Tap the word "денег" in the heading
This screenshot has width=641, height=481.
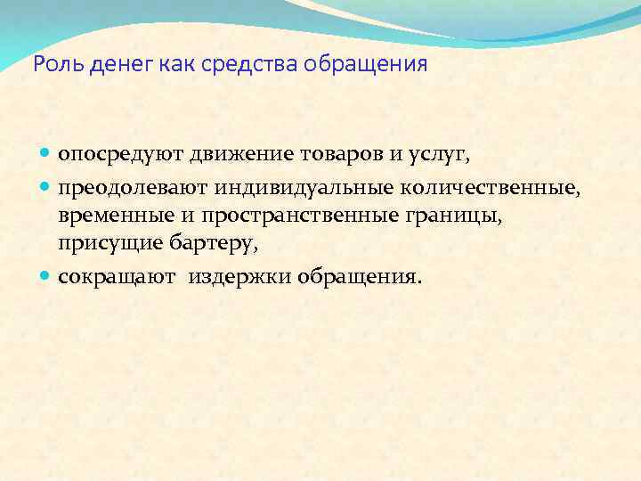pyautogui.click(x=106, y=65)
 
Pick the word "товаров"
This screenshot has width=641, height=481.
pyautogui.click(x=343, y=154)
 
